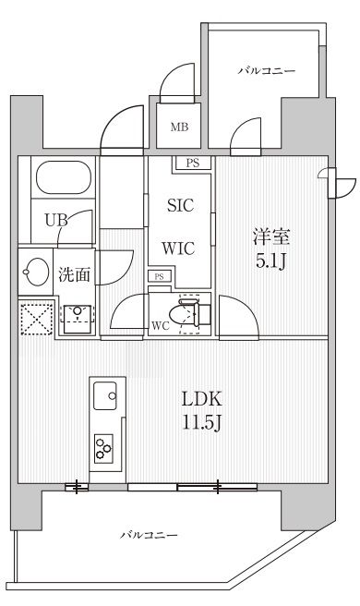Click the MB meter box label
pyautogui.click(x=179, y=127)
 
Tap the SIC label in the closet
pyautogui.click(x=180, y=205)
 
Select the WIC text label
pyautogui.click(x=178, y=248)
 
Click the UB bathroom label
pyautogui.click(x=56, y=221)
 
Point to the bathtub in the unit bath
pyautogui.click(x=64, y=177)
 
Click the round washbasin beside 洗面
pyautogui.click(x=36, y=272)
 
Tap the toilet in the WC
pyautogui.click(x=190, y=314)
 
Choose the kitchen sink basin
pyautogui.click(x=105, y=395)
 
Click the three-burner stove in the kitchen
pyautogui.click(x=104, y=448)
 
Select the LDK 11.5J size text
pyautogui.click(x=201, y=411)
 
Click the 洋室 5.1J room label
pyautogui.click(x=271, y=248)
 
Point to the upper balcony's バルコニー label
pyautogui.click(x=267, y=71)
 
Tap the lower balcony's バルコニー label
pyautogui.click(x=149, y=535)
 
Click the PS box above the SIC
pyautogui.click(x=192, y=164)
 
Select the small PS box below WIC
pyautogui.click(x=159, y=276)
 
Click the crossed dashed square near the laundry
pyautogui.click(x=37, y=319)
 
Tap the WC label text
pyautogui.click(x=161, y=326)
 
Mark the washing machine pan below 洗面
pyautogui.click(x=78, y=319)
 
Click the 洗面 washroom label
pyautogui.click(x=74, y=274)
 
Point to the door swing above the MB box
pyautogui.click(x=177, y=82)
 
